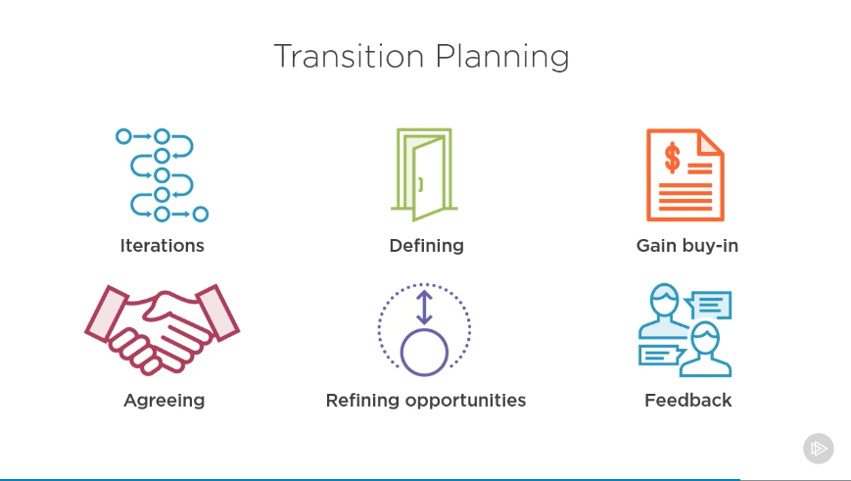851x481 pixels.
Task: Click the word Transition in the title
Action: [x=349, y=56]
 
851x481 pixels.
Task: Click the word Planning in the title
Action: [x=502, y=57]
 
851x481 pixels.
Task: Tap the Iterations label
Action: [x=163, y=245]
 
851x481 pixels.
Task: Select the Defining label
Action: [x=427, y=246]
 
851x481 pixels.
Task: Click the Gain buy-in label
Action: [x=687, y=246]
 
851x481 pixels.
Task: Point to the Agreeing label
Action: [x=165, y=401]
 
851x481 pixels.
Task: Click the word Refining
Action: [x=362, y=401]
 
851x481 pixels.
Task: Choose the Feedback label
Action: [x=688, y=400]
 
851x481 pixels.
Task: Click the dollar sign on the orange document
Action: [x=673, y=158]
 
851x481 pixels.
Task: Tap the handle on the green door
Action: [x=421, y=184]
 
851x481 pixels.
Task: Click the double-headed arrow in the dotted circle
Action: [x=424, y=308]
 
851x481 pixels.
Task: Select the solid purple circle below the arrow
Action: [x=424, y=352]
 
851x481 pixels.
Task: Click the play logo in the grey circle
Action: [x=819, y=449]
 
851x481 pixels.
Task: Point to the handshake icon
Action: [x=162, y=329]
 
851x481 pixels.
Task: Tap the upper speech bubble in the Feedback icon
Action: [x=708, y=306]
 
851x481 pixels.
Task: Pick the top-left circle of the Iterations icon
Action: [x=123, y=136]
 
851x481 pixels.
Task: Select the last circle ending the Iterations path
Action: [x=201, y=215]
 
